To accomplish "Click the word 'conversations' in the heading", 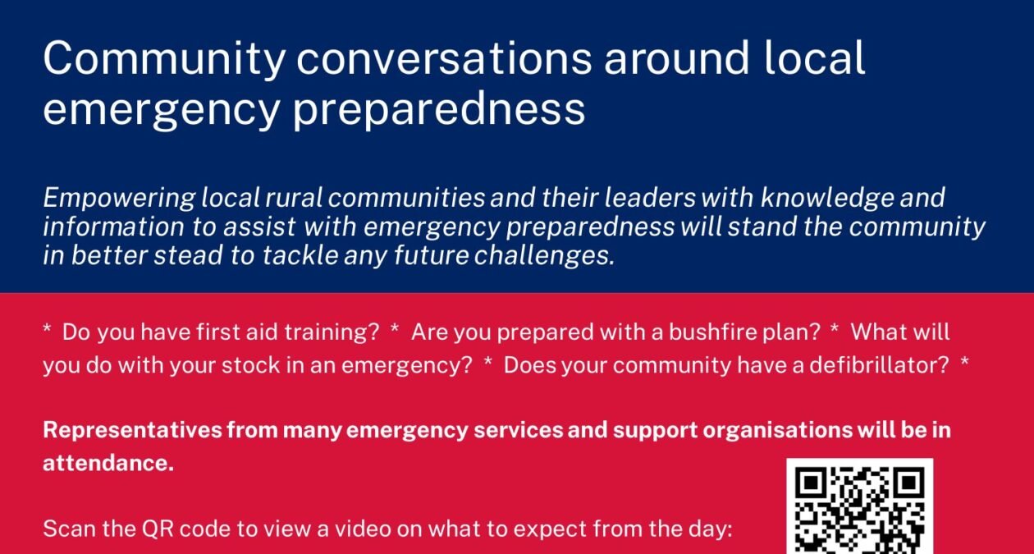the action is [444, 59].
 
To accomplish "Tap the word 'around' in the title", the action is [677, 58].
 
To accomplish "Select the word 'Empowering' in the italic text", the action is [119, 199].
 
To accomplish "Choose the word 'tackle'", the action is [300, 255].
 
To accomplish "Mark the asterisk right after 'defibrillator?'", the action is [964, 361].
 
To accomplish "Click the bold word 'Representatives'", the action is [132, 431].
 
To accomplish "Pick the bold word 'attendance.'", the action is [108, 463].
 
